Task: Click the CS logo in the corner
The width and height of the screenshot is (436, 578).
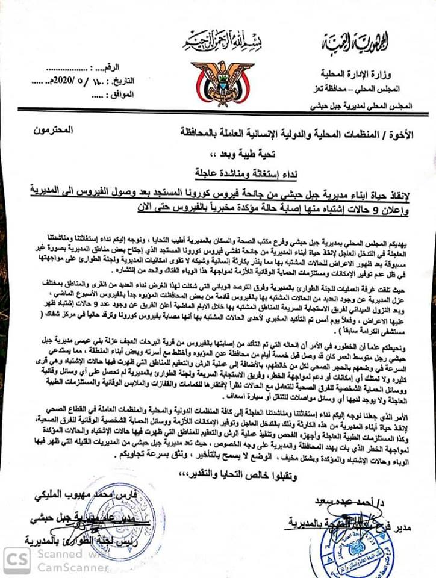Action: [x=16, y=559]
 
